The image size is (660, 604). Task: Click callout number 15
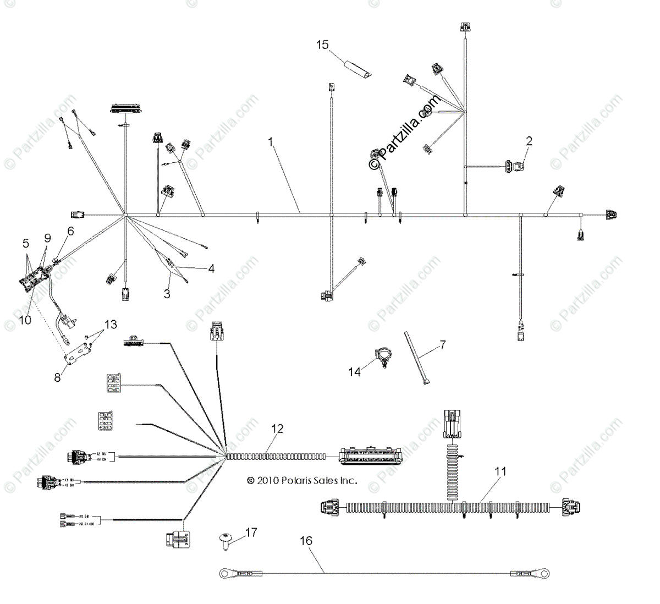pos(322,45)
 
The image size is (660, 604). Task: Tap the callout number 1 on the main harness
pos(271,141)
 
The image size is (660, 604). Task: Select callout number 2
pos(529,141)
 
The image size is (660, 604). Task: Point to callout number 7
pos(442,345)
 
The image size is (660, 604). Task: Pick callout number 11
pos(501,471)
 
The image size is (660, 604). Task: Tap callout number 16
pos(306,541)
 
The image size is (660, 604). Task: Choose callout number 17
pos(251,532)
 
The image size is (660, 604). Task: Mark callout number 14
pos(355,372)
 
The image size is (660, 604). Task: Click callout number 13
pos(111,325)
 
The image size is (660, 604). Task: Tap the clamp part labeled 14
pos(382,355)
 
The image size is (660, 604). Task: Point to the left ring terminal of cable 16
pos(225,574)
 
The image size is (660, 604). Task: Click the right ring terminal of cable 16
pos(543,574)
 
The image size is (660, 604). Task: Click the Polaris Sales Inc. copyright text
pos(302,480)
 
